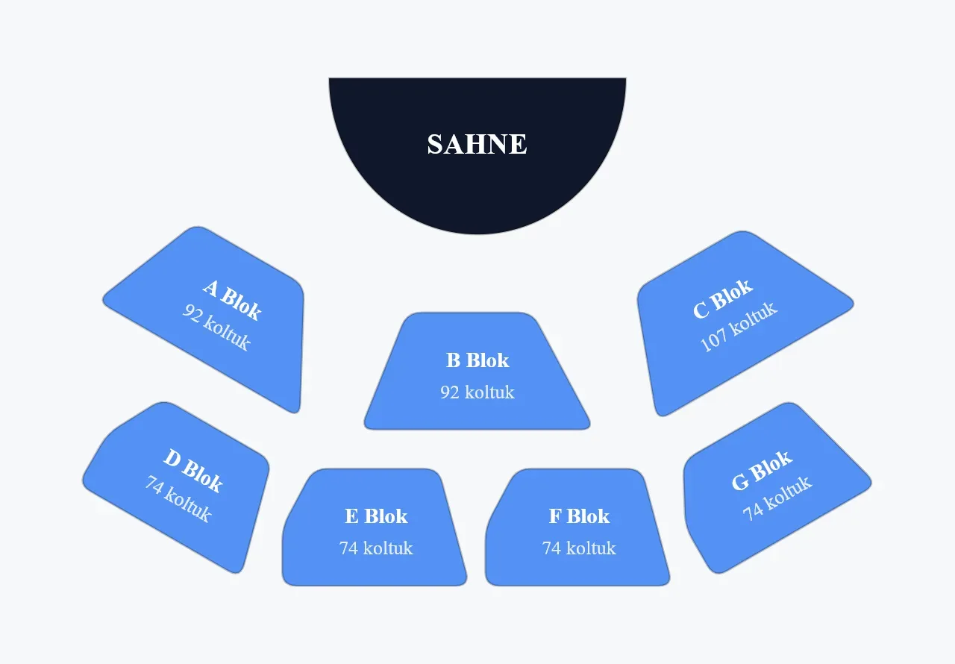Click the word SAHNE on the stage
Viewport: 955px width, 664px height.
(x=477, y=144)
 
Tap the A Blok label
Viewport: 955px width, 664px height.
(x=232, y=300)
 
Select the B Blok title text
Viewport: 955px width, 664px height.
(x=477, y=360)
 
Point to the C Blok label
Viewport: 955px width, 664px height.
(x=723, y=298)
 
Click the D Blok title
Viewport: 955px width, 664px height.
(x=193, y=471)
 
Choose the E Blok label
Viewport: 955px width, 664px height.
(x=376, y=516)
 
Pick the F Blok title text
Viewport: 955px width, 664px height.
(x=579, y=516)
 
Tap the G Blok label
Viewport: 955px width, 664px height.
(x=763, y=471)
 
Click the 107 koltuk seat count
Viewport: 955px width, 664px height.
(x=739, y=327)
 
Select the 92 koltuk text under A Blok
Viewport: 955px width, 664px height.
(x=216, y=327)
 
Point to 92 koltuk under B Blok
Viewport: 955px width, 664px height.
(x=477, y=392)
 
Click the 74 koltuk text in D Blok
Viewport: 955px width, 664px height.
(x=178, y=498)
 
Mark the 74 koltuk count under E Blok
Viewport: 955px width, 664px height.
(x=376, y=548)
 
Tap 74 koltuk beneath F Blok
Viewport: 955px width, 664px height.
(x=579, y=548)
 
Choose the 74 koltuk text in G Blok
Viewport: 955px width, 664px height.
(x=777, y=498)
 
